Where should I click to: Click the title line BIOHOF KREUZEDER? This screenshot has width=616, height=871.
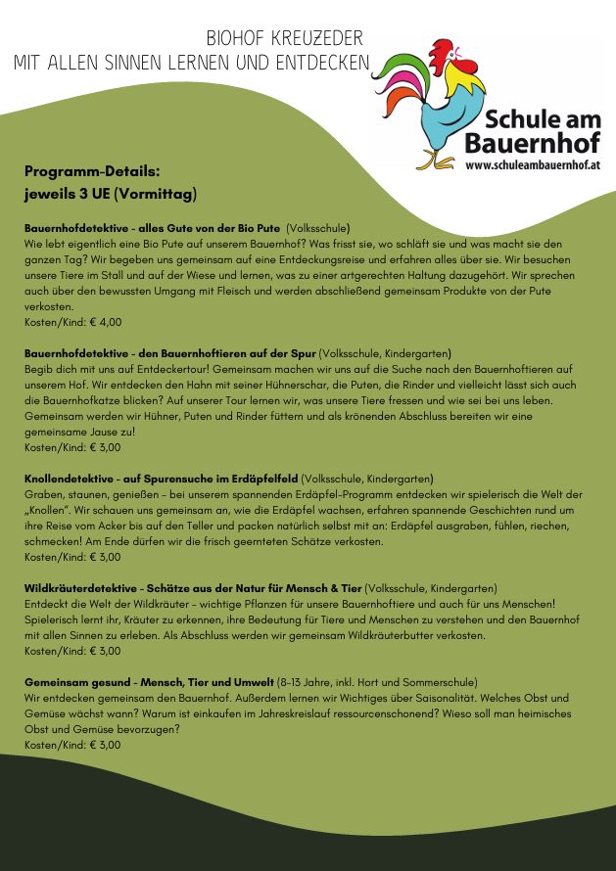click(x=284, y=39)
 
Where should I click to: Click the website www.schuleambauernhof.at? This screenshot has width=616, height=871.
click(x=533, y=166)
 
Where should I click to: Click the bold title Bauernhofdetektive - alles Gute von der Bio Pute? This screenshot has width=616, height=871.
click(x=152, y=228)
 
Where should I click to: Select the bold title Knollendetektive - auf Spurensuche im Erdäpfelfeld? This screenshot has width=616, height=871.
click(x=161, y=479)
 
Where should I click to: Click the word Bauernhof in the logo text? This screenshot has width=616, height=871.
click(x=533, y=143)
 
